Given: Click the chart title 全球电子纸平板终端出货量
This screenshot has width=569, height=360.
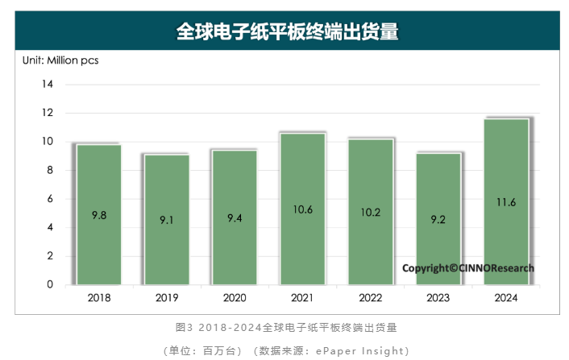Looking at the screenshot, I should click(288, 31).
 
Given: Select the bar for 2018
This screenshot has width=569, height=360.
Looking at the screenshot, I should click(99, 213).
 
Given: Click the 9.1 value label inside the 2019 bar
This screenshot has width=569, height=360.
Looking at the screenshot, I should click(167, 219).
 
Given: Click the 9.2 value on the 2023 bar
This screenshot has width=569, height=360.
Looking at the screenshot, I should click(438, 218).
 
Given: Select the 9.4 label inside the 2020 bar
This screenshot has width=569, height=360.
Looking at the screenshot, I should click(235, 217).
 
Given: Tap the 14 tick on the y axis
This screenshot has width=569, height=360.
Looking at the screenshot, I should click(47, 85).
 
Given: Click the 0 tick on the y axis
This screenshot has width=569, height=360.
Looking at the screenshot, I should click(49, 284).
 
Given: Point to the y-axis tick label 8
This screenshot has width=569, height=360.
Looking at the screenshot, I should click(49, 170).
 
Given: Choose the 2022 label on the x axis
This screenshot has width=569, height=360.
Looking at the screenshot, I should click(370, 298).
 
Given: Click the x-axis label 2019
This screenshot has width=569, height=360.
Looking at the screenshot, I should click(167, 298).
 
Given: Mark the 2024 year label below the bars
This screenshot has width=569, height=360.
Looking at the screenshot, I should click(505, 298).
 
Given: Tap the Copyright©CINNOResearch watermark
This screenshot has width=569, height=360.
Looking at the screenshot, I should click(467, 268).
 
